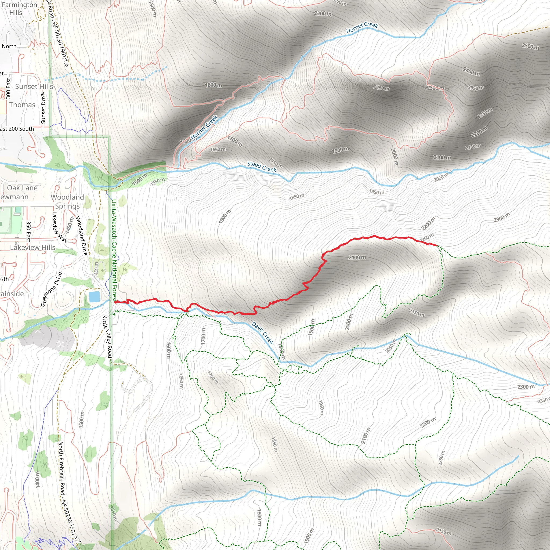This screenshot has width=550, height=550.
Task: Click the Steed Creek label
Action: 262,167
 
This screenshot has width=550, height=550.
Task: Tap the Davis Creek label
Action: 262,333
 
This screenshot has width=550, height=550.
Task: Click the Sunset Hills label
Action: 34,86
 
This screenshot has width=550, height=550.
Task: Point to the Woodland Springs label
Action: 67,202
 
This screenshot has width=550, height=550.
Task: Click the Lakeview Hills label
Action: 33,247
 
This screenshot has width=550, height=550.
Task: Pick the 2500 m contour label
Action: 530,46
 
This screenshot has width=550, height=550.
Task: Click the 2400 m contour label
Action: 471,71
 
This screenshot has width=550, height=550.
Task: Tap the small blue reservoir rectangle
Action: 94,297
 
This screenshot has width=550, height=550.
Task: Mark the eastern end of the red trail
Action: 437,245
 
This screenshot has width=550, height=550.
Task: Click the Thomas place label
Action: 22,105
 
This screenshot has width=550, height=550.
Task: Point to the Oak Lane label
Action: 22,188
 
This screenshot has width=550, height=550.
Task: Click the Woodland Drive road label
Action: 81,236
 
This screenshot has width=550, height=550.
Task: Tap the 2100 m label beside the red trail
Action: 357,257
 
